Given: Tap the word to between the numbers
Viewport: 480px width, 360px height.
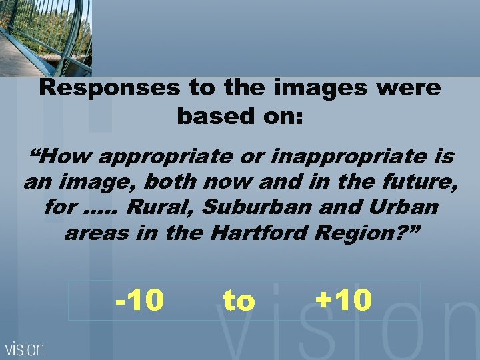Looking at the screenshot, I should pyautogui.click(x=239, y=301).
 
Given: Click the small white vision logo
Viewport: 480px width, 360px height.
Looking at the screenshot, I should pyautogui.click(x=25, y=348).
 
